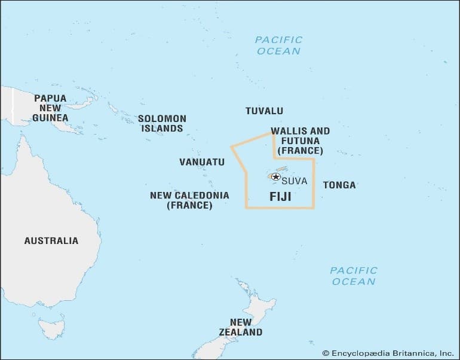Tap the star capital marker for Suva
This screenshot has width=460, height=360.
click(x=275, y=176)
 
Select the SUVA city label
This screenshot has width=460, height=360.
click(x=294, y=181)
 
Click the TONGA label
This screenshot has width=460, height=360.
click(x=339, y=185)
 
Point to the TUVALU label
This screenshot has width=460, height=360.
click(x=264, y=111)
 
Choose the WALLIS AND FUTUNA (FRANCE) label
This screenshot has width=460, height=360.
click(x=300, y=141)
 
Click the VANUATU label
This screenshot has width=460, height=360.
click(x=202, y=162)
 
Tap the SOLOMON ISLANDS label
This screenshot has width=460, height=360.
click(x=162, y=123)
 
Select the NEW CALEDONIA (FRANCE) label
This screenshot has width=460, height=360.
click(x=189, y=200)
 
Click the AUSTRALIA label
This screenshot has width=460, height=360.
click(x=51, y=240)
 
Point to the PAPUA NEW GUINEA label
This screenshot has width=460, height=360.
click(x=50, y=108)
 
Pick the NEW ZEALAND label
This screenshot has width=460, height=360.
click(x=240, y=327)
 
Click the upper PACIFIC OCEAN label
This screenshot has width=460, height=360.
click(x=278, y=45)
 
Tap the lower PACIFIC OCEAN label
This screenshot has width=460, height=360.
click(x=354, y=276)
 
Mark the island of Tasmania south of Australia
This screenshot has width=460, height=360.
click(x=51, y=327)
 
